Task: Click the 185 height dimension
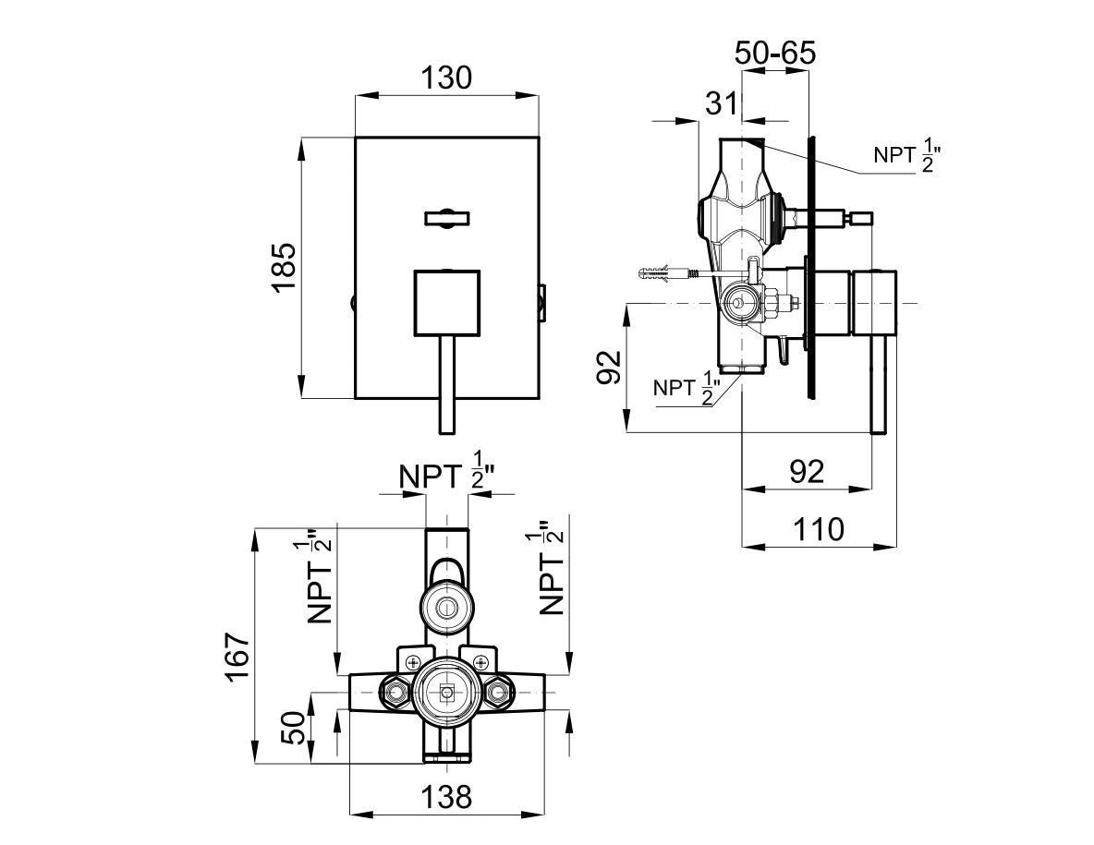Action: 283,268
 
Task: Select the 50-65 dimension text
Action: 775,53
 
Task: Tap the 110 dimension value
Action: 819,529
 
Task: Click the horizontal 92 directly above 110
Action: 808,471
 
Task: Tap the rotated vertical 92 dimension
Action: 606,367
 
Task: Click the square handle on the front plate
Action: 447,302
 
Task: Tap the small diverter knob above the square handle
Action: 447,218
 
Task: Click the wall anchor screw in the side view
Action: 663,274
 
